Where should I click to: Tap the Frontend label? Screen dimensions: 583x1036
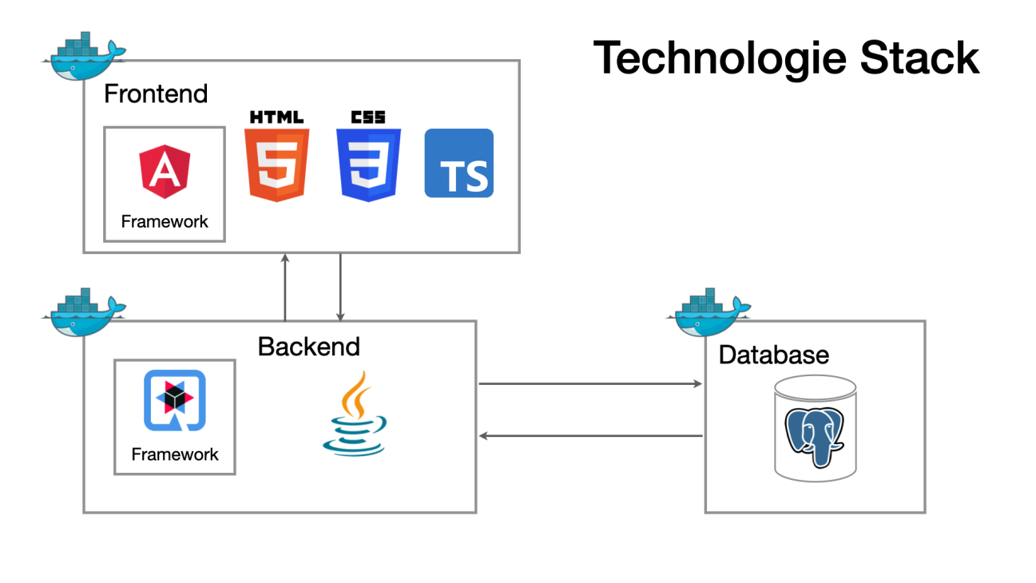point(156,93)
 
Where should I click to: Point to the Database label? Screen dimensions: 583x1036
point(773,354)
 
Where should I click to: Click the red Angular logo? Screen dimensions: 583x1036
point(165,171)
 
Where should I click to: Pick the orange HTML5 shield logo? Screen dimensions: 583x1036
point(276,164)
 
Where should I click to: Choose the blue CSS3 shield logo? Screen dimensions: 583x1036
point(368,164)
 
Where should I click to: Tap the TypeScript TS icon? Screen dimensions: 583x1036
point(458,164)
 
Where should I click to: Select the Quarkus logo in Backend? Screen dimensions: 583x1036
point(174,400)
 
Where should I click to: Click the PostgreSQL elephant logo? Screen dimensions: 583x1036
point(815,435)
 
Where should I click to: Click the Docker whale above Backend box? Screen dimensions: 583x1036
point(84,311)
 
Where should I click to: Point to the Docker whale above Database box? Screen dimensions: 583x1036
point(709,312)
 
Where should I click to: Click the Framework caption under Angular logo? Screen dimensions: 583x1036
point(165,222)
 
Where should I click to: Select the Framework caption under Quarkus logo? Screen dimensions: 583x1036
point(175,454)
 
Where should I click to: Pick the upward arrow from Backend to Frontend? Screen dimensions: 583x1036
point(285,287)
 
